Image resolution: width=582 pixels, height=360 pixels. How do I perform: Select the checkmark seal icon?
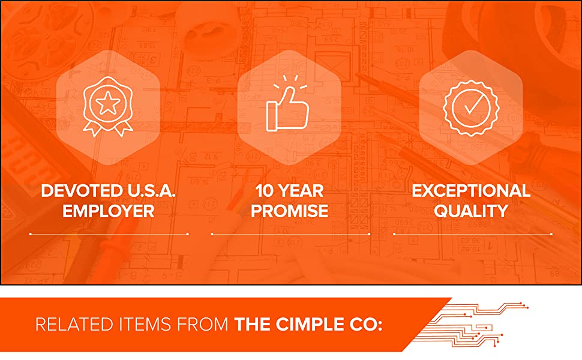470,107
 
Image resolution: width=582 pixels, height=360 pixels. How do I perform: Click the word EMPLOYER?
109,211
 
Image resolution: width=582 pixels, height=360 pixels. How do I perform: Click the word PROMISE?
289,211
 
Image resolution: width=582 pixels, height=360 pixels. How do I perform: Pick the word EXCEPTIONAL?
471,191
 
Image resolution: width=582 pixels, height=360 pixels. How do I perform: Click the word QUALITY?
471,211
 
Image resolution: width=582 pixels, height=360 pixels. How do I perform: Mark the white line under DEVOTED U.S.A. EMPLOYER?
109,233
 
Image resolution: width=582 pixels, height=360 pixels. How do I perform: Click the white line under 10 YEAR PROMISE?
290,233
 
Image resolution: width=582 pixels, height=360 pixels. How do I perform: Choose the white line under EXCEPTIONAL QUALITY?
473,233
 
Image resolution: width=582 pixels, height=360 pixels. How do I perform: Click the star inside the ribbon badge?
108,104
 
